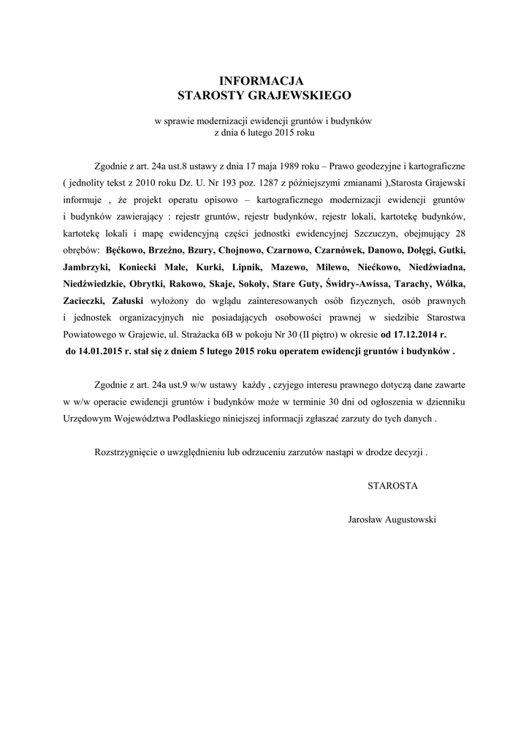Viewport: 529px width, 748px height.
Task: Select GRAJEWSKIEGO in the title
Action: [302, 95]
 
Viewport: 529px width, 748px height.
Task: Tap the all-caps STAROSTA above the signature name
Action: [392, 485]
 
